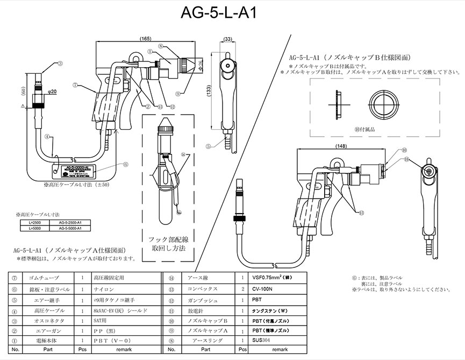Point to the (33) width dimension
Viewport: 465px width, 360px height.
point(227,39)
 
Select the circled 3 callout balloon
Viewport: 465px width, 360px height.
point(60,63)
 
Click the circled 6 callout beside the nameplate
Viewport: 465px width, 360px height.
point(126,165)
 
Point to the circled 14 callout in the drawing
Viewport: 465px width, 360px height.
point(183,154)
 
